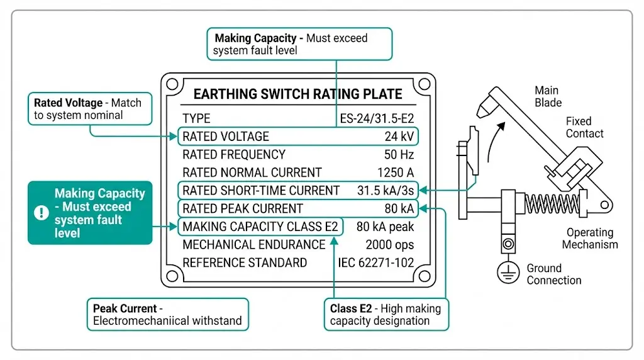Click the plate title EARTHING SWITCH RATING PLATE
pyautogui.click(x=297, y=94)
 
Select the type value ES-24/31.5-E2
pyautogui.click(x=376, y=118)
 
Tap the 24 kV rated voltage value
pyautogui.click(x=399, y=137)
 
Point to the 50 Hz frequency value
pyautogui.click(x=398, y=155)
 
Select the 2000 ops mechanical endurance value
pyautogui.click(x=389, y=245)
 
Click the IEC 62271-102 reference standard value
pyautogui.click(x=376, y=263)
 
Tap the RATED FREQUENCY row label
pyautogui.click(x=234, y=155)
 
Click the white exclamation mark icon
pyautogui.click(x=42, y=213)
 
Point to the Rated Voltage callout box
pyautogui.click(x=91, y=109)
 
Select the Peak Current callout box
pyautogui.click(x=167, y=315)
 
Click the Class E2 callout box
pyautogui.click(x=386, y=315)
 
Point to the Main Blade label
pyautogui.click(x=548, y=96)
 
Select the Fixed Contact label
pyautogui.click(x=584, y=127)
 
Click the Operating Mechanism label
pyautogui.click(x=590, y=239)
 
